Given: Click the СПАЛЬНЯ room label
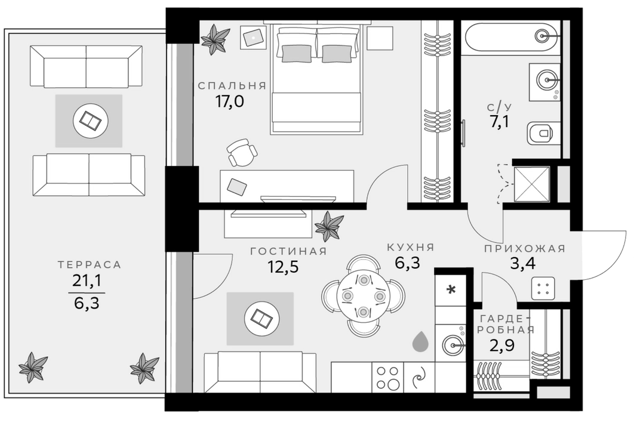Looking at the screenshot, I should tap(233, 85).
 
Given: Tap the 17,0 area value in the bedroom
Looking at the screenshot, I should tap(229, 101).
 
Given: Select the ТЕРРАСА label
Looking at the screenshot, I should tap(90, 265).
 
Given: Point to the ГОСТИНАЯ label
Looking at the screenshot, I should tap(288, 251).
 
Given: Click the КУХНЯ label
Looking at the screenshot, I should tap(410, 247).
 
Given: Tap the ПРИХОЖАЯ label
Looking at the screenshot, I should tap(524, 249).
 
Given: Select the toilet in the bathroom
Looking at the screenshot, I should tap(542, 134).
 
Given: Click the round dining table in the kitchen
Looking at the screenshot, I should tap(363, 295).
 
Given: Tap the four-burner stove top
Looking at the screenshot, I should tap(387, 377).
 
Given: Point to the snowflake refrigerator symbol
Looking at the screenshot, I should tap(451, 291).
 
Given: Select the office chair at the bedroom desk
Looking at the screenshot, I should tap(242, 153).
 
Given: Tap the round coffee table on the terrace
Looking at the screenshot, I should tap(90, 121).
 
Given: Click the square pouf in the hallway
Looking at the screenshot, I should tap(544, 289).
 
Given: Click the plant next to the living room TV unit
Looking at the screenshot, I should tap(328, 227).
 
